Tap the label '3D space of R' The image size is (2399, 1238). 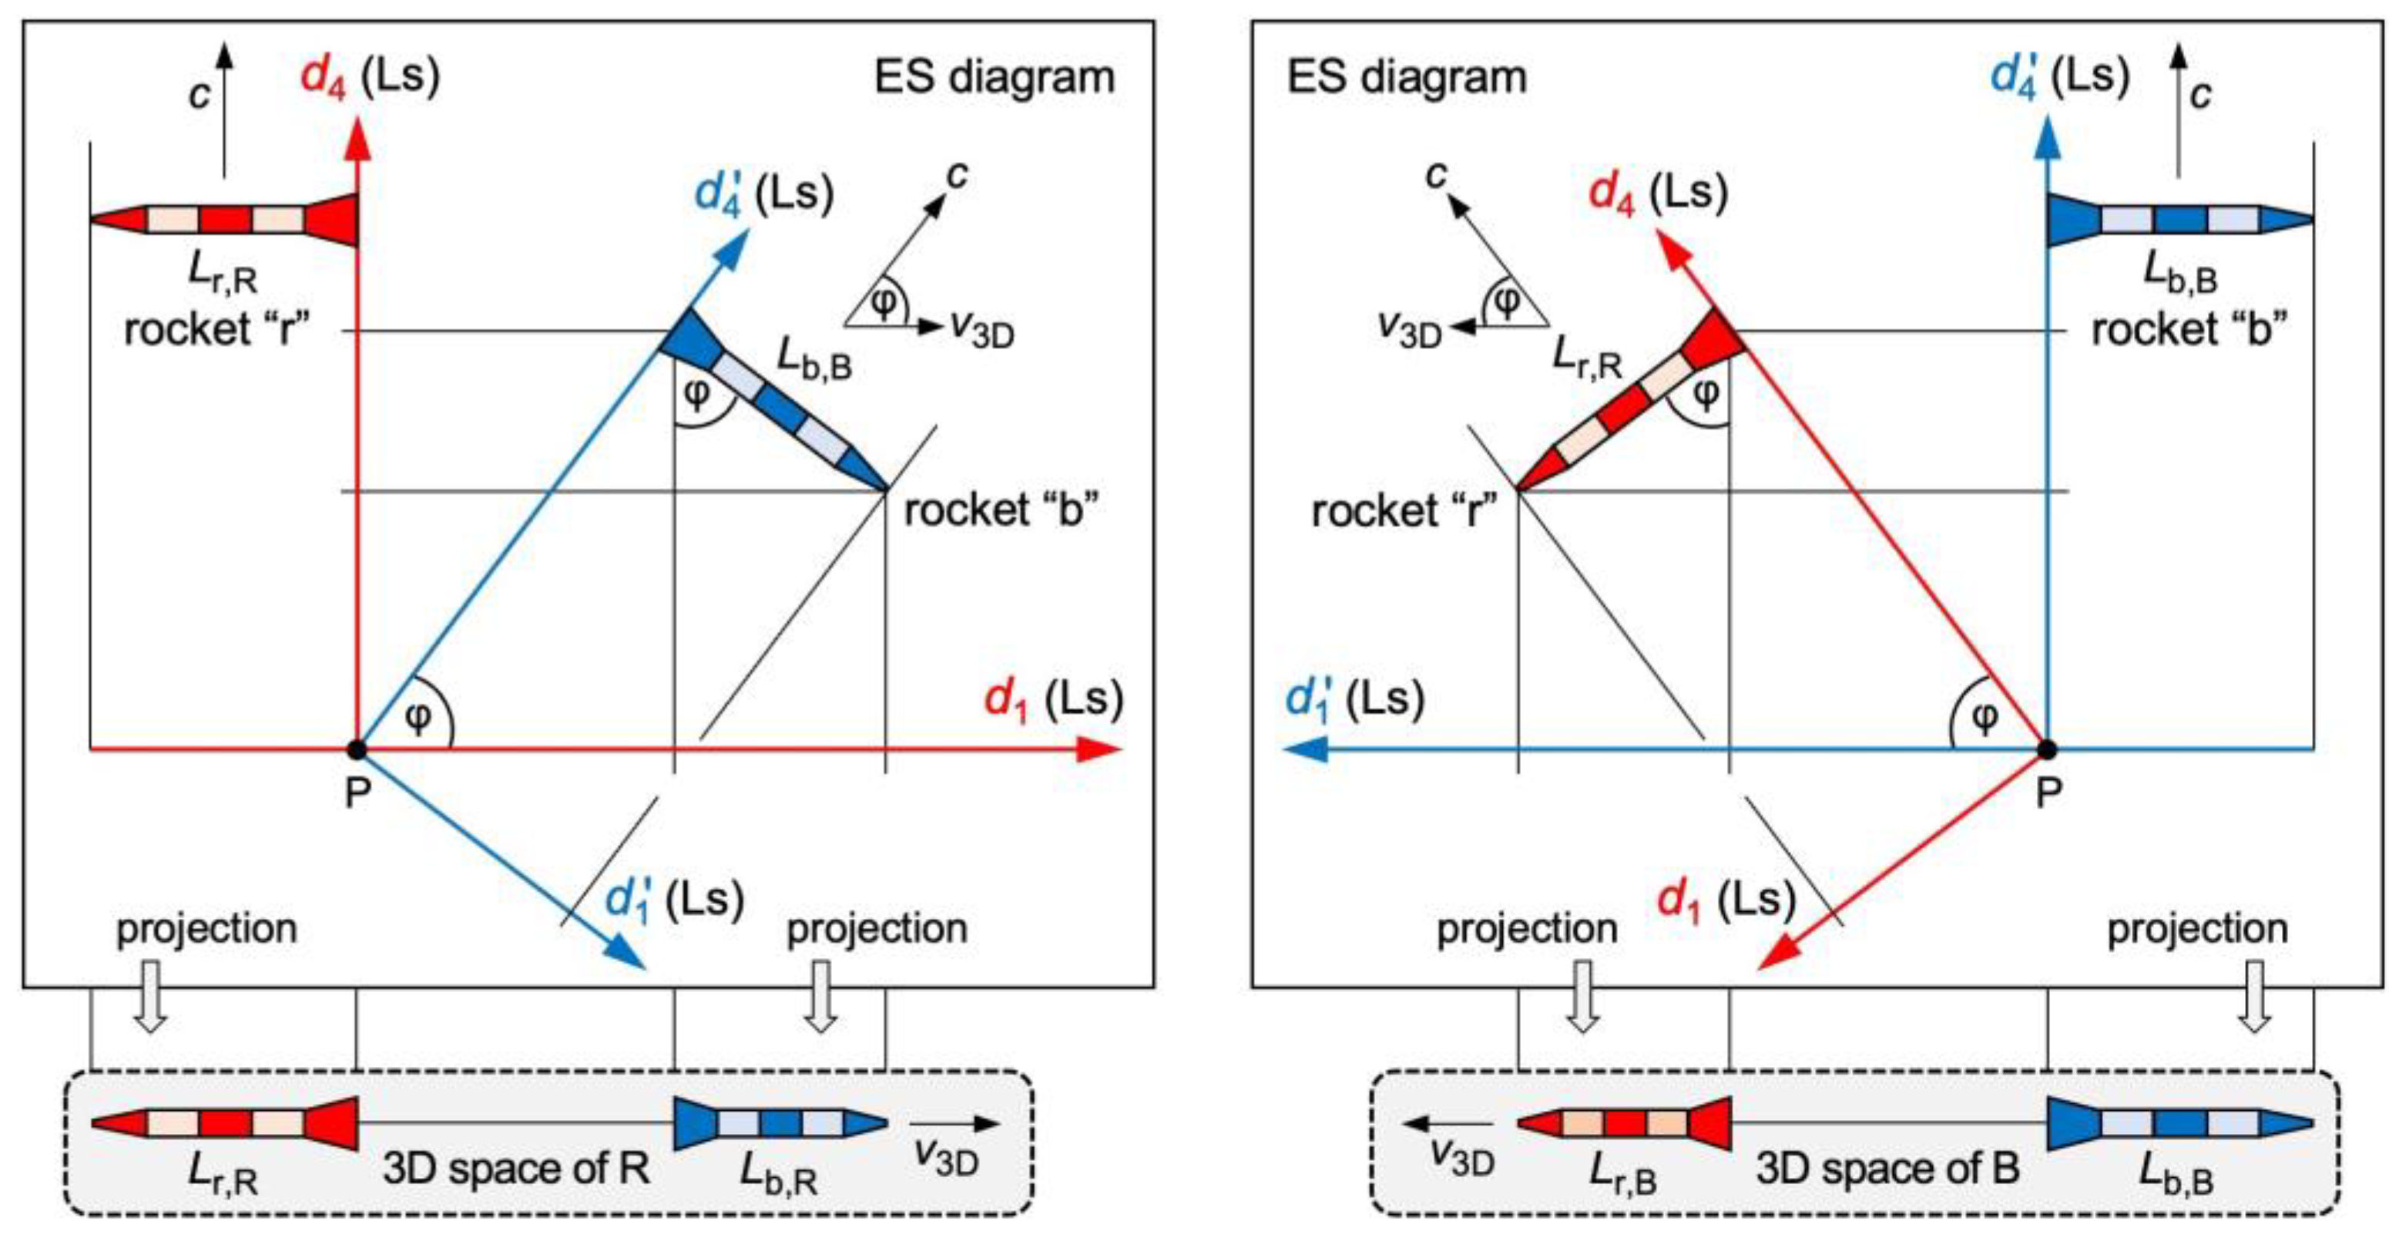click(x=516, y=1168)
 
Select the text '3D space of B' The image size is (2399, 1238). click(x=1887, y=1168)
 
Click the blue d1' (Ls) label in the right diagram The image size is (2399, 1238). click(x=1354, y=698)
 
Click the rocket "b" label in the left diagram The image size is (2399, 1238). click(x=1002, y=510)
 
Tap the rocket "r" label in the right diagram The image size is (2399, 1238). click(x=1404, y=510)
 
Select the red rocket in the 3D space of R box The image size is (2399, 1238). click(x=224, y=1123)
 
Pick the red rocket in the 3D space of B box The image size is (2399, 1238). click(x=1624, y=1123)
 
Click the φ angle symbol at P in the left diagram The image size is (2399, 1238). click(x=419, y=717)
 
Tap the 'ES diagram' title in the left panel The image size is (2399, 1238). click(x=994, y=77)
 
